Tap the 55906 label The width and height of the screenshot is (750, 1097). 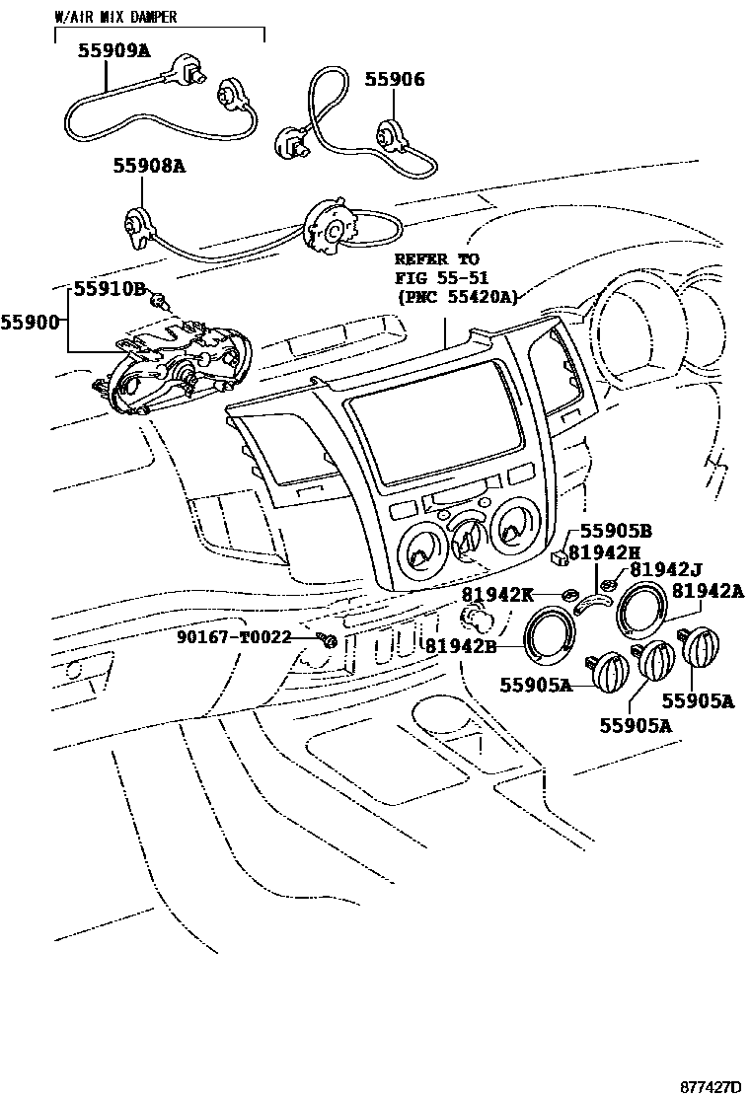pyautogui.click(x=395, y=79)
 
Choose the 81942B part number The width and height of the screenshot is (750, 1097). pyautogui.click(x=460, y=645)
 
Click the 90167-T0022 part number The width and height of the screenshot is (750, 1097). pyautogui.click(x=234, y=637)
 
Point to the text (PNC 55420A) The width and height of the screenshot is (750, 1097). pyautogui.click(x=457, y=296)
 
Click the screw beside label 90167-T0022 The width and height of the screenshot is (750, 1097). pyautogui.click(x=328, y=641)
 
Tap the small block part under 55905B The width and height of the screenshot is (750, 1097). pyautogui.click(x=561, y=557)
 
